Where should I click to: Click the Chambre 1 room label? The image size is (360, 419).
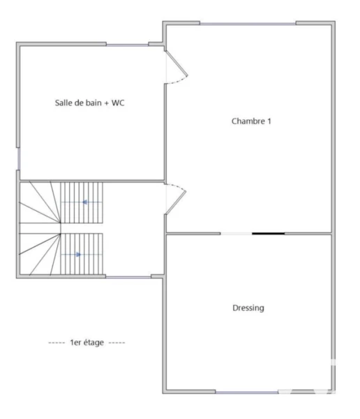point(251,122)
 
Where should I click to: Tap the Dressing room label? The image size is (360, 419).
point(248,308)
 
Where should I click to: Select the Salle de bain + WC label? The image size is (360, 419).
point(90,103)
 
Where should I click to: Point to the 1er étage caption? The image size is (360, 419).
point(87,343)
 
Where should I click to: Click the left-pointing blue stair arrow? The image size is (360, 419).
point(85,203)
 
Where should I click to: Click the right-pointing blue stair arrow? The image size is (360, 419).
point(78,255)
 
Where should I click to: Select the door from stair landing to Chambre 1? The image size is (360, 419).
point(176,198)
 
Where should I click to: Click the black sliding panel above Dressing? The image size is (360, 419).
point(268,233)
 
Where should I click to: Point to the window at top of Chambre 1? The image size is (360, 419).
point(248,24)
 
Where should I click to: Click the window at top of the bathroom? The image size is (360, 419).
point(128,45)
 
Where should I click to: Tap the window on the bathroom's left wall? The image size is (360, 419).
point(18,159)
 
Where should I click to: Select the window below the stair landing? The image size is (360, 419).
point(128,277)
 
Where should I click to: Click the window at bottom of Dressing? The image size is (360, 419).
point(247,392)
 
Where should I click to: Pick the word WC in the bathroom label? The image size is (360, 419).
point(118,103)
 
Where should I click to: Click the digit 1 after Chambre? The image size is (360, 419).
point(269,122)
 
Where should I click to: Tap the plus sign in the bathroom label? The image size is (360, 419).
point(106,103)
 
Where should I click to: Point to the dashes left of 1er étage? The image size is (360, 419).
point(57,343)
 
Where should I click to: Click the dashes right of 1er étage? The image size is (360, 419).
point(117,343)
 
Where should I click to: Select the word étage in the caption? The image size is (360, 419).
point(93,343)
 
